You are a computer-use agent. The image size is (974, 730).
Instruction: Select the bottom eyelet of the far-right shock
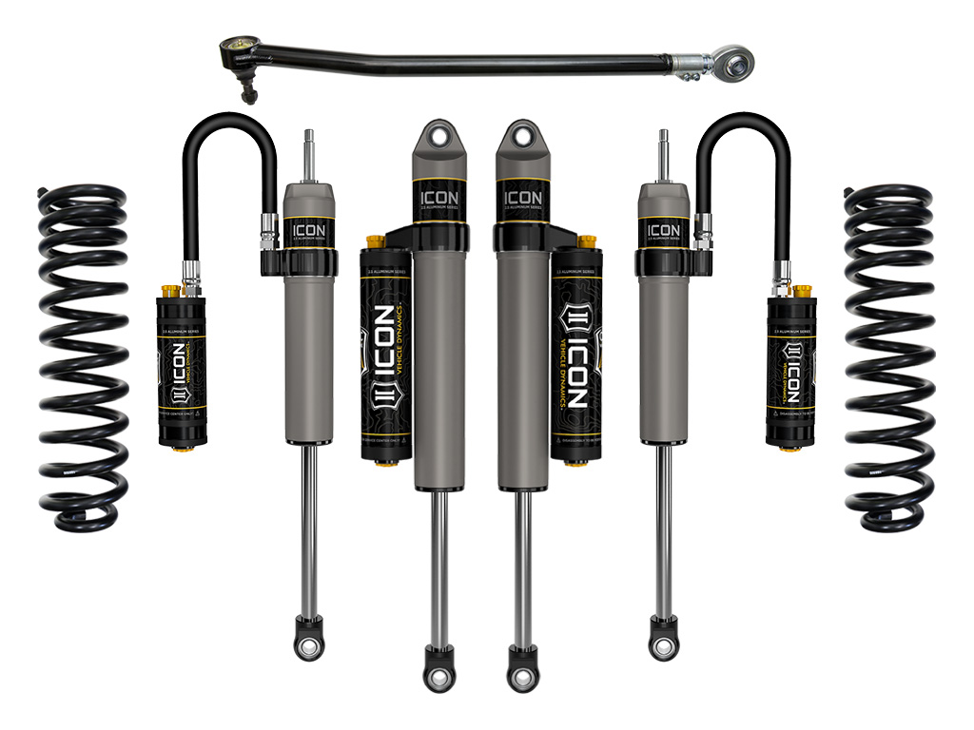point(663,647)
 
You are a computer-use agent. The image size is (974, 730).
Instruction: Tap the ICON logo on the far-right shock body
point(663,229)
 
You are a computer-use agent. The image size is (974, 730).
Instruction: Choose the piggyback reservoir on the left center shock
point(384,352)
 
